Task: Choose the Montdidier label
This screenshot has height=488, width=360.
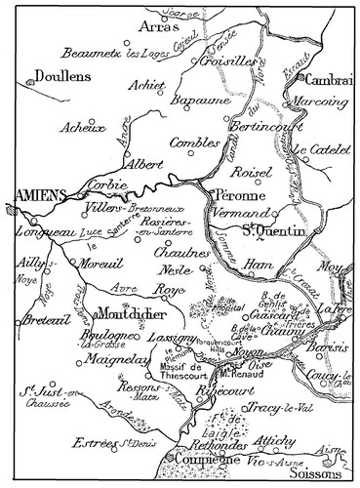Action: coord(134,316)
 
